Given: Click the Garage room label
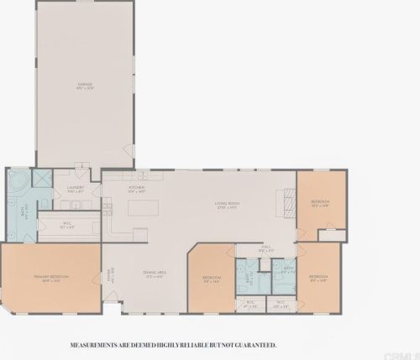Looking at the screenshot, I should tap(84, 86).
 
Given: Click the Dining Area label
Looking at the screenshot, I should tap(154, 274).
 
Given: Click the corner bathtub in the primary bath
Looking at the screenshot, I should tap(16, 180).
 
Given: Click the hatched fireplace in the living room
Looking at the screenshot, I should tap(286, 200).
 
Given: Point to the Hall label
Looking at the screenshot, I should tap(265, 248).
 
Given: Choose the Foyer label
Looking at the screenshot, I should tap(109, 276).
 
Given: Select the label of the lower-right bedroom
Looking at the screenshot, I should tap(318, 277).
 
